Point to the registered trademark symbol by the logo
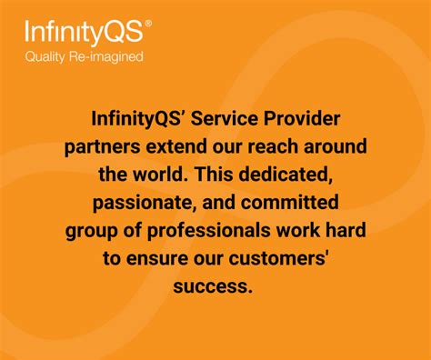coord(149,25)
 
